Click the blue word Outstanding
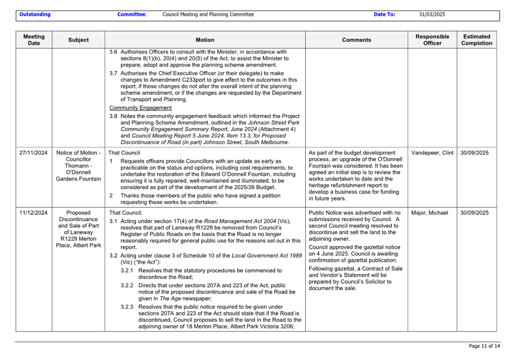point(35,15)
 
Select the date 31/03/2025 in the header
point(432,15)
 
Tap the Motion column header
point(205,40)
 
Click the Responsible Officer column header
point(432,40)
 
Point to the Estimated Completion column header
point(476,40)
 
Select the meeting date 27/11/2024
point(33,153)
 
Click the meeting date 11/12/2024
point(33,213)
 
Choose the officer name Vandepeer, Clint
point(432,153)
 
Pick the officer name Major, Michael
point(429,213)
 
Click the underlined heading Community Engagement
point(140,108)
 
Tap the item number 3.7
point(113,73)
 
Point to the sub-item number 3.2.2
point(127,285)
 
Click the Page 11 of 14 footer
point(484,346)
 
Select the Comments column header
point(356,40)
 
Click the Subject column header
point(78,40)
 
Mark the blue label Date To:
point(384,15)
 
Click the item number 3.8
point(113,116)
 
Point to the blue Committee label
point(132,15)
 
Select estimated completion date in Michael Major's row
point(474,213)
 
